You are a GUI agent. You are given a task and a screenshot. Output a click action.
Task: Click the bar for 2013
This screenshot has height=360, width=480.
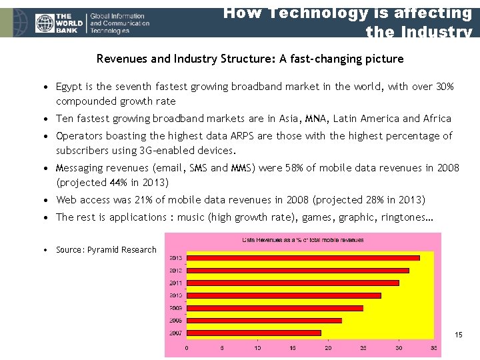click(303, 257)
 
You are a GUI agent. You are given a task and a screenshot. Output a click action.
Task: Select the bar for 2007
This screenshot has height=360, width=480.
click(253, 333)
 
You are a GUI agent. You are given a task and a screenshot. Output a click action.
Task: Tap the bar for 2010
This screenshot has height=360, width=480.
click(283, 295)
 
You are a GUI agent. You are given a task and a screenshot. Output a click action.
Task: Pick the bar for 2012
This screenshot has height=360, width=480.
click(297, 270)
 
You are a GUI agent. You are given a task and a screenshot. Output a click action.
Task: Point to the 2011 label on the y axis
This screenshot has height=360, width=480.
click(176, 283)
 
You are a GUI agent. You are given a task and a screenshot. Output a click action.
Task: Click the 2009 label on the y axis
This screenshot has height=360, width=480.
click(176, 308)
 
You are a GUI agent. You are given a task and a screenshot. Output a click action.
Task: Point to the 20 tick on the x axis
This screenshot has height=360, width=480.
click(327, 347)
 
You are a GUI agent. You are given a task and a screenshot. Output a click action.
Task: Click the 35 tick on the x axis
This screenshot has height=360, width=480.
click(434, 347)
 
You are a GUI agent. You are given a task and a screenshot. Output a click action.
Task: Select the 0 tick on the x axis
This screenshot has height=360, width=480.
click(186, 347)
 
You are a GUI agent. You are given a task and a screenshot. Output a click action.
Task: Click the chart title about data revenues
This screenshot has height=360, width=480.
click(303, 240)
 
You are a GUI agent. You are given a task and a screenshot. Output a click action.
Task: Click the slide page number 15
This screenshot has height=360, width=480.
click(458, 335)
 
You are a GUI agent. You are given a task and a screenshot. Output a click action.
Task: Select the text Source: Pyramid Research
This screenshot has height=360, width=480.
click(106, 250)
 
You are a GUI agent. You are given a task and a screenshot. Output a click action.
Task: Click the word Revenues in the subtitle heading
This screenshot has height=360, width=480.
click(123, 59)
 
